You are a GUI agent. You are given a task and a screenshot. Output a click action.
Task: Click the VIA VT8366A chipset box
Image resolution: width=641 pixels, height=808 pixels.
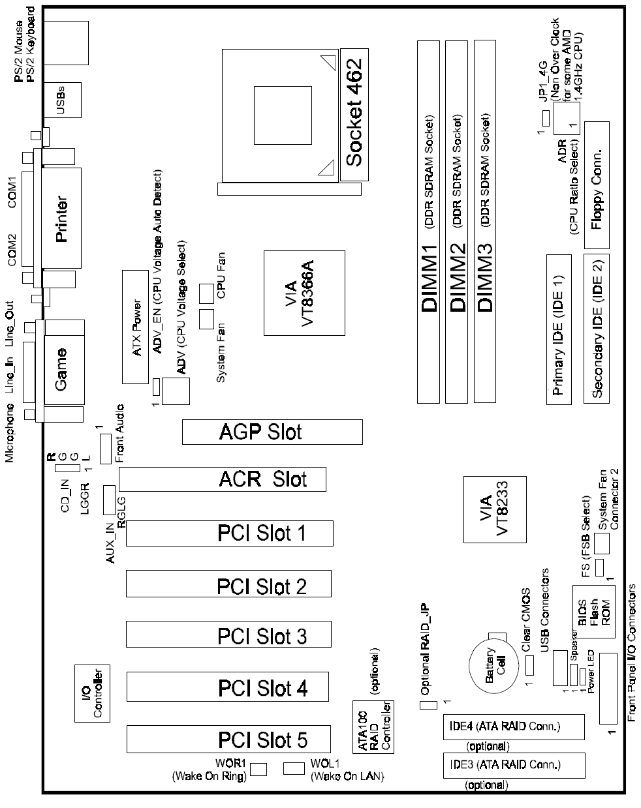tap(304, 293)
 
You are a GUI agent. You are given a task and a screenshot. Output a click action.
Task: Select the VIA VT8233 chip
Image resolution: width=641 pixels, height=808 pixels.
tap(495, 509)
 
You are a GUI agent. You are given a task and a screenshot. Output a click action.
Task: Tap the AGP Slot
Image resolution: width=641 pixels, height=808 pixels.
tap(272, 432)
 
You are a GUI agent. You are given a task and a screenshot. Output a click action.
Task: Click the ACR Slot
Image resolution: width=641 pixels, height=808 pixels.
tap(222, 479)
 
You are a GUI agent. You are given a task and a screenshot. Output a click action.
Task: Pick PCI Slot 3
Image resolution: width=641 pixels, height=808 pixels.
tap(228, 634)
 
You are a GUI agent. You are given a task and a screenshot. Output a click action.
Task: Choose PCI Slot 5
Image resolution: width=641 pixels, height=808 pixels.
tap(228, 739)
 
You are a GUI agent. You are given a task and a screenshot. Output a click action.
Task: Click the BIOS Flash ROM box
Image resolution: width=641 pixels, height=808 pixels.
tap(593, 612)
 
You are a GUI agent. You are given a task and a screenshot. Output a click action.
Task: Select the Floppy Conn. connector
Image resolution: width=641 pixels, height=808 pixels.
tap(597, 185)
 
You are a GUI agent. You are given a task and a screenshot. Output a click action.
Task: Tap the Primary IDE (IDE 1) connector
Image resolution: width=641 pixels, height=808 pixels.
tap(559, 329)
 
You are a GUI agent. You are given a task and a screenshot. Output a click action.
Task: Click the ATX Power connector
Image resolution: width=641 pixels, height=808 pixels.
tap(135, 327)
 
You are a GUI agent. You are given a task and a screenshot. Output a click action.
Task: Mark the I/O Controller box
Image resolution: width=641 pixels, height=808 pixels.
tap(92, 693)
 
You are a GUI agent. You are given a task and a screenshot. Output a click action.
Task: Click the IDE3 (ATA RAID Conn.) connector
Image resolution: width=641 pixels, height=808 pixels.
tap(514, 765)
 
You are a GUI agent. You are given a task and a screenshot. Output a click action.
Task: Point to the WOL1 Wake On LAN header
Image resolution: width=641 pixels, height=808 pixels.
tap(294, 768)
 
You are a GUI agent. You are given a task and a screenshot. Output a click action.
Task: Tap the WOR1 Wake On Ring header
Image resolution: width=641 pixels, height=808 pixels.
tap(258, 769)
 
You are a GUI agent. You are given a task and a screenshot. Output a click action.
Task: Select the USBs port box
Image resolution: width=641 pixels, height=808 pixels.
tap(63, 100)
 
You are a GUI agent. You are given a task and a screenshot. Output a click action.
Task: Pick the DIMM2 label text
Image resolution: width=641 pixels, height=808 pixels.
tap(458, 277)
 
